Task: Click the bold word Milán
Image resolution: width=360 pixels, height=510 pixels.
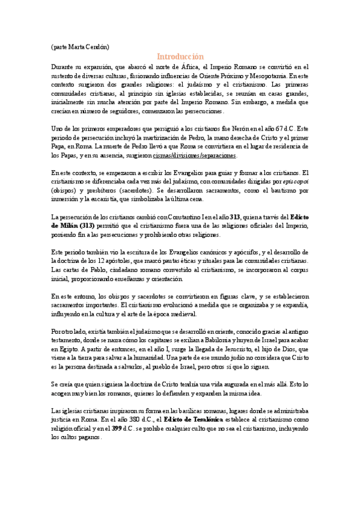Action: pos(70,226)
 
